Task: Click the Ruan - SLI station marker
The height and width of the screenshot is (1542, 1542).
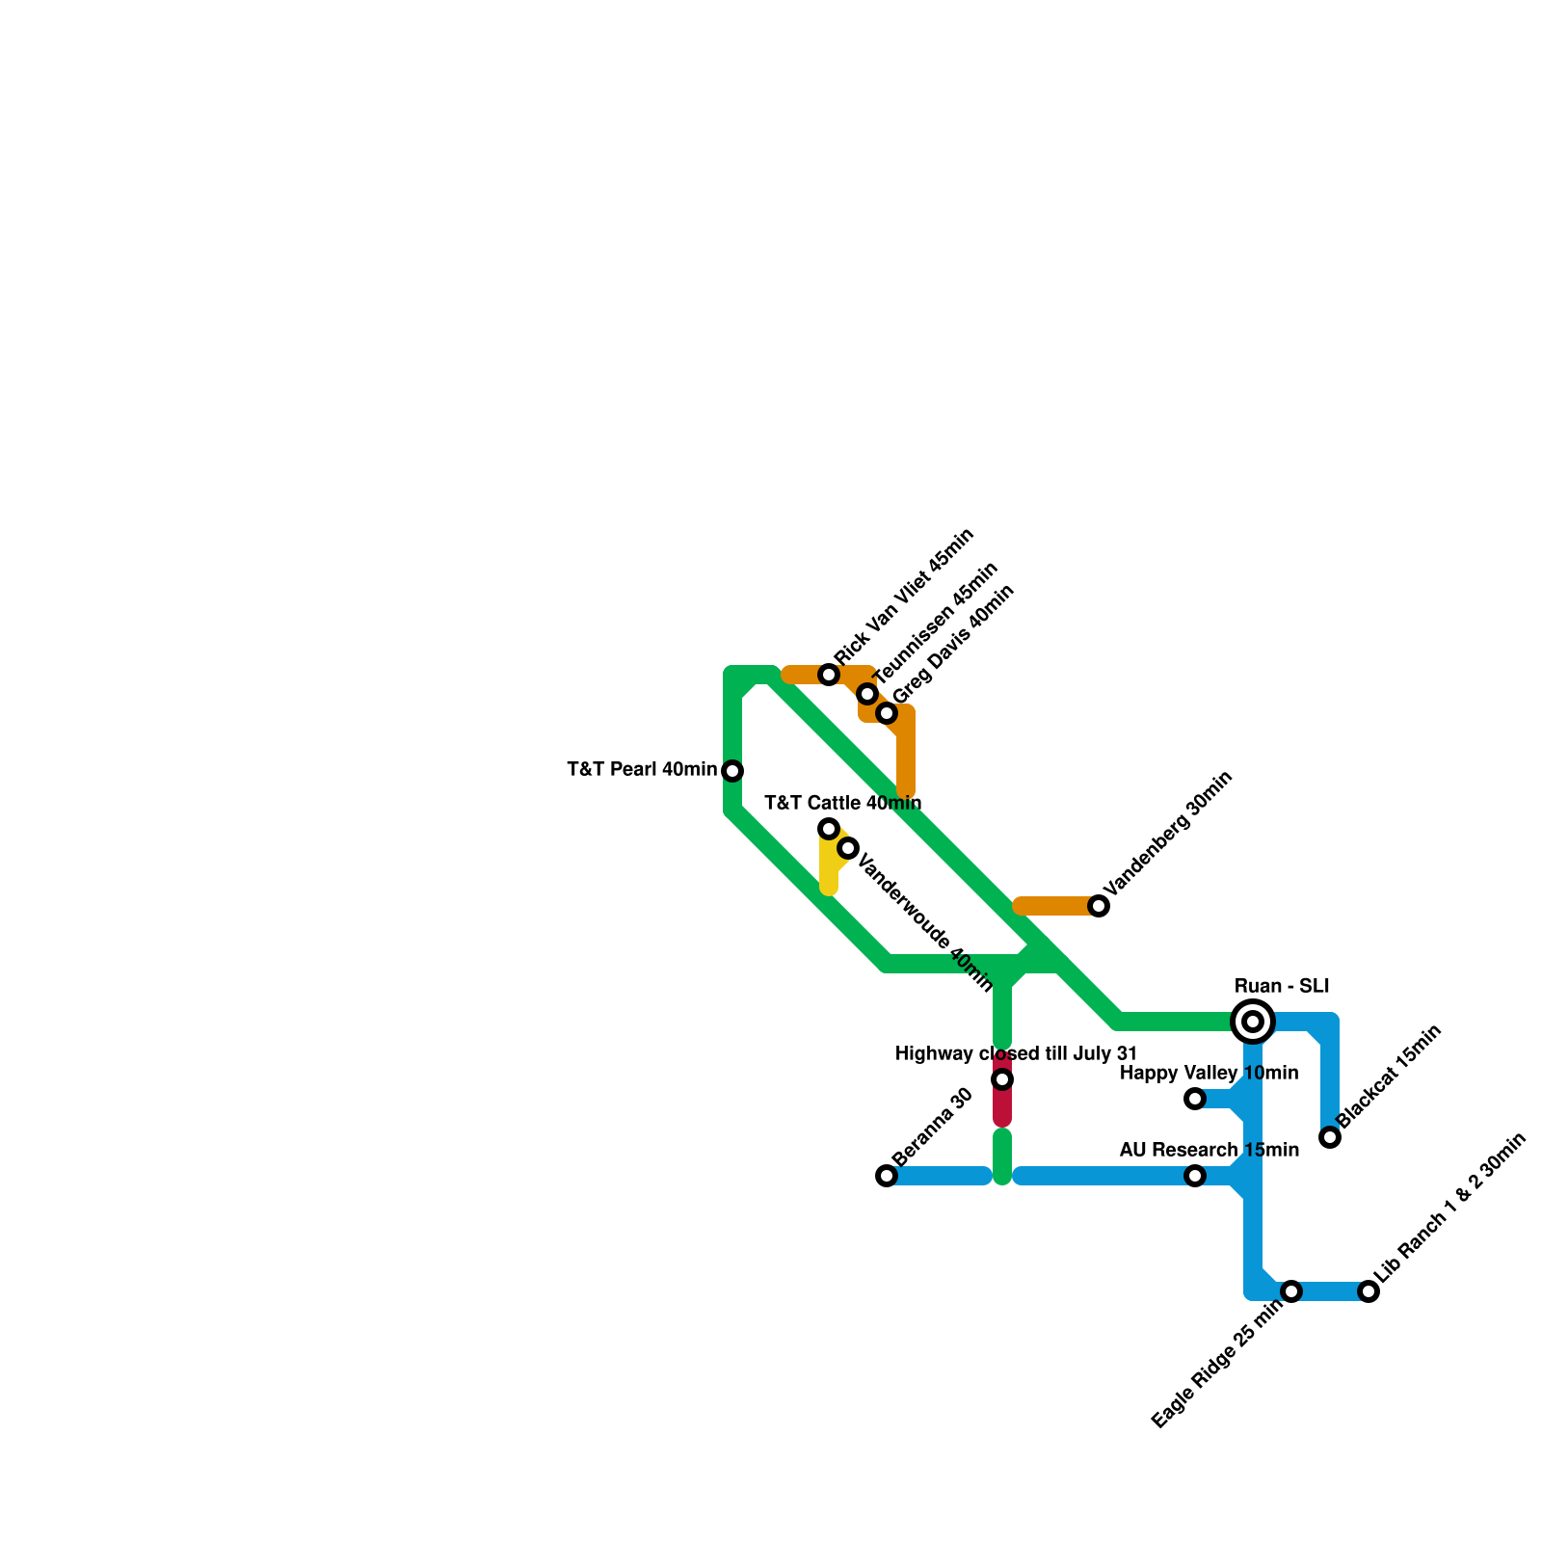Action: (1253, 1022)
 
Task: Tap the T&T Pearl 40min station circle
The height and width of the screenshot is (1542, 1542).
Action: (732, 771)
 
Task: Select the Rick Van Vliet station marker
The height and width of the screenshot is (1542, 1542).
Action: (829, 675)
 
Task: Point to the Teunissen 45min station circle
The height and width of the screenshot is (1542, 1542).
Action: (867, 694)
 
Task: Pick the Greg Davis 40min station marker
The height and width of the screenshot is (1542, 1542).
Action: (887, 713)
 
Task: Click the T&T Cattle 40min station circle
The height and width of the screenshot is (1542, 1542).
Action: (829, 829)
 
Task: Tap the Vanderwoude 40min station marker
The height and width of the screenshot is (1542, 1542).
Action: (848, 848)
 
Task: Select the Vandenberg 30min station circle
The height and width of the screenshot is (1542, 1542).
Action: (1099, 906)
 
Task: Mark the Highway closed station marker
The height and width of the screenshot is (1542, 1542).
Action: (1002, 1079)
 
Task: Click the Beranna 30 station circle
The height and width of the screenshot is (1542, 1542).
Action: (887, 1176)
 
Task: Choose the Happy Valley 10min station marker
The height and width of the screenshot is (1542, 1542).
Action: (1195, 1099)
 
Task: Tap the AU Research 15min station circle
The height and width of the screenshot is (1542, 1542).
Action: (1195, 1176)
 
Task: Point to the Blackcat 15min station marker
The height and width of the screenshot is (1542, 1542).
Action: (1330, 1137)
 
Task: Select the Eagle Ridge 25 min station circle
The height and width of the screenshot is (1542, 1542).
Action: (1291, 1291)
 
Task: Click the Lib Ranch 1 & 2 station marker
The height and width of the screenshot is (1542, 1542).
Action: (1369, 1291)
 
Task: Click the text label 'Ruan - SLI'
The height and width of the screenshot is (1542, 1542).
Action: (1282, 987)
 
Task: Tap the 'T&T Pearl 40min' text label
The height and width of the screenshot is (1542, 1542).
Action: (642, 770)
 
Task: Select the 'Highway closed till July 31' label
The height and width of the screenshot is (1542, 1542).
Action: (1016, 1054)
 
